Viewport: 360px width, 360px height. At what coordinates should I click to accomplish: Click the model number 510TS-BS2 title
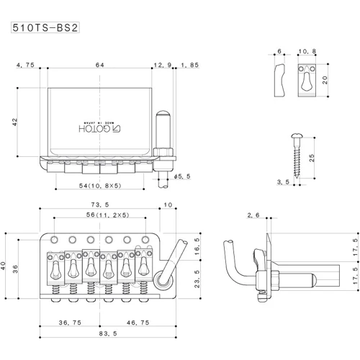45,28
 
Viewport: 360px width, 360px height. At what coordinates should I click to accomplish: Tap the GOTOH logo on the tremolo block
100,129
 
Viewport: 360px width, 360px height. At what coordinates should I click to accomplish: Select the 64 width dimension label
100,65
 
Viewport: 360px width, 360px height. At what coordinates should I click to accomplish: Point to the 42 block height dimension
15,122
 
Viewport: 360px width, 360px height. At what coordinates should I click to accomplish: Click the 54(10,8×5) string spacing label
100,186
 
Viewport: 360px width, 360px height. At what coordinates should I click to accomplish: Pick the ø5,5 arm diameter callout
182,176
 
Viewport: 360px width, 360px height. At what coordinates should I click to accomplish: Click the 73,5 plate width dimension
100,204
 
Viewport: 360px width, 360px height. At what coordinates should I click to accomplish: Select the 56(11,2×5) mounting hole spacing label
107,215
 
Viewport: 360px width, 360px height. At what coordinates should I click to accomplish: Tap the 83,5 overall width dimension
108,333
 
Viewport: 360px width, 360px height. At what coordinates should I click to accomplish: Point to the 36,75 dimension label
70,323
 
